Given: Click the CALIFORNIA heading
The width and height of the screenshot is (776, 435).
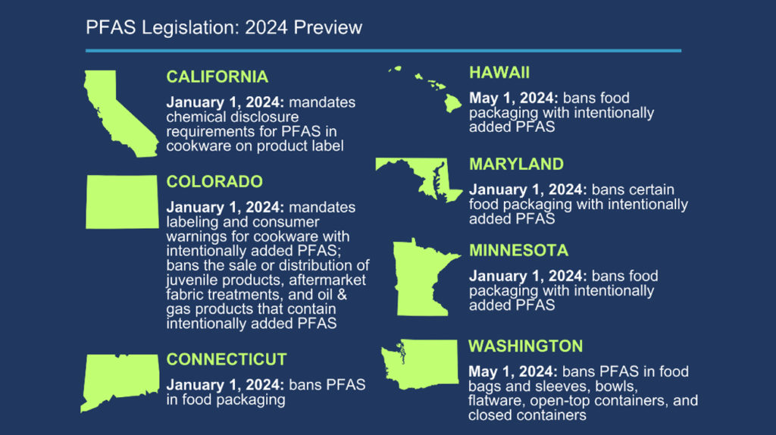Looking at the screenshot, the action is (x=217, y=77).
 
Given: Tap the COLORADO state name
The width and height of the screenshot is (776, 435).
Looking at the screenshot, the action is (x=214, y=182).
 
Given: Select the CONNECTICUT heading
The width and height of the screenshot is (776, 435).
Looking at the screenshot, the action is (x=227, y=359).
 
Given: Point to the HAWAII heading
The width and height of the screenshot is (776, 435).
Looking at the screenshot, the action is (x=499, y=73).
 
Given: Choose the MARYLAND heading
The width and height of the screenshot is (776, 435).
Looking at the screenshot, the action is (x=516, y=164).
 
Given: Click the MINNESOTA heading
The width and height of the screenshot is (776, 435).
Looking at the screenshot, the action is (x=518, y=250).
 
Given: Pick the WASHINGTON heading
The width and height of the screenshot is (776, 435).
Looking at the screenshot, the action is (x=526, y=346).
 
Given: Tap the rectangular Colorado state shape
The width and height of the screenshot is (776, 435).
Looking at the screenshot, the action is (x=122, y=202).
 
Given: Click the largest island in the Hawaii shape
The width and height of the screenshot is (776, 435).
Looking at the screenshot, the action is (x=452, y=103).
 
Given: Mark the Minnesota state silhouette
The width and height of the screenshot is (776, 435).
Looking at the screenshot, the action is (x=421, y=280).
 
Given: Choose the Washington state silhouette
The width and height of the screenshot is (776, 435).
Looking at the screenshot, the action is (x=426, y=364).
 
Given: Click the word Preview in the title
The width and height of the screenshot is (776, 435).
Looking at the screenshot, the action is (x=327, y=28).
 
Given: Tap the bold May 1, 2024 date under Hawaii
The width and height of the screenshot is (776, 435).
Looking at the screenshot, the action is (x=514, y=98).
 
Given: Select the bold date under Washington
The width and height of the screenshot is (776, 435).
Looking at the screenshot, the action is (x=513, y=371).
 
